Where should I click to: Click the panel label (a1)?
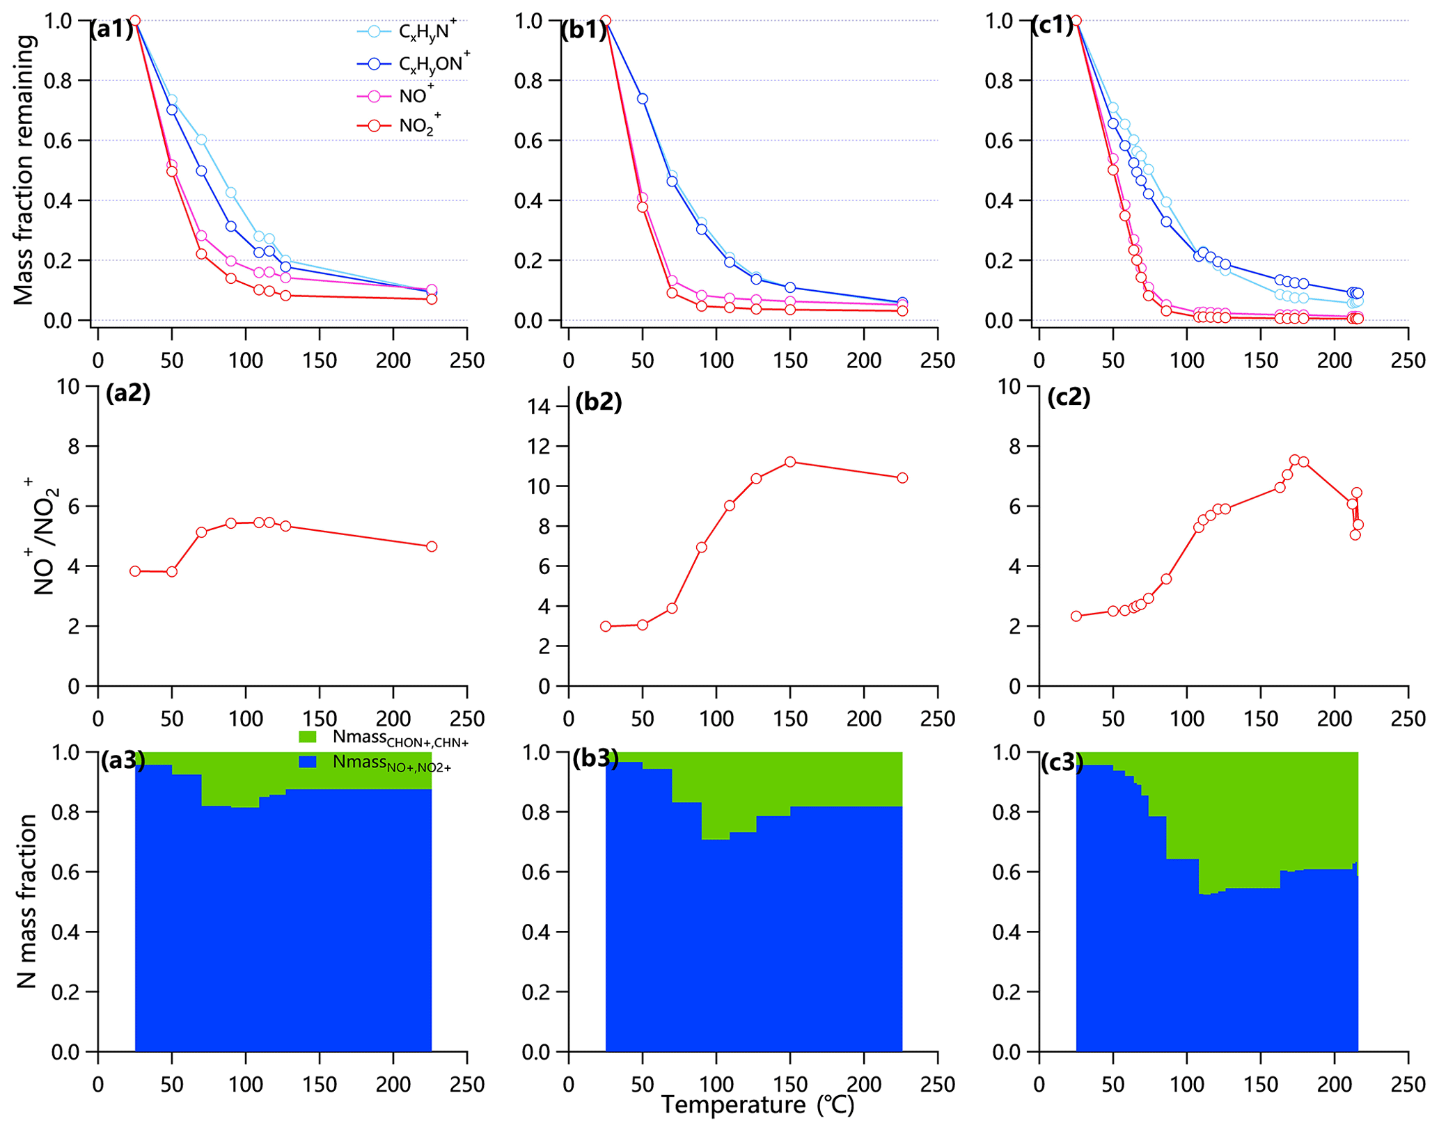[111, 30]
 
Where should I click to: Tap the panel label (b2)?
[598, 402]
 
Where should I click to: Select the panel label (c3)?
[1062, 763]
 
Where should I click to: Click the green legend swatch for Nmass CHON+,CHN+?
[307, 737]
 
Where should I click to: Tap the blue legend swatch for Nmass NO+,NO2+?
[307, 762]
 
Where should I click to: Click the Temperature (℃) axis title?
[757, 1104]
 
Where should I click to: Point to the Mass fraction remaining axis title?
[24, 170]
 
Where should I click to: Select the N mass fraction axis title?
[26, 901]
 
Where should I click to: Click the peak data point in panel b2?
[790, 462]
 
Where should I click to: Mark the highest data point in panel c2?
[1294, 460]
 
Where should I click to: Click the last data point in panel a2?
[432, 546]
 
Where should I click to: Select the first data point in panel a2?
[135, 571]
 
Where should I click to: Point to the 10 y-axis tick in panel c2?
[1010, 386]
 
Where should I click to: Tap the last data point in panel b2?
[902, 478]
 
